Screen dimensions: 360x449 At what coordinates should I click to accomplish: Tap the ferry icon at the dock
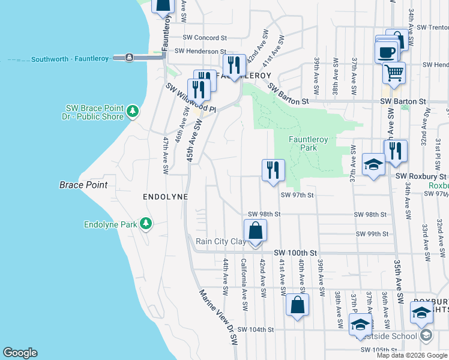tap(130, 58)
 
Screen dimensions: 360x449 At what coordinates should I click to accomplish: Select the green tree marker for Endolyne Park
tap(145, 224)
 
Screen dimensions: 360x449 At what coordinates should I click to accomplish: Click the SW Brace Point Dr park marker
tap(133, 111)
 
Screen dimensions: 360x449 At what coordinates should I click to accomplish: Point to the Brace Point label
tap(83, 185)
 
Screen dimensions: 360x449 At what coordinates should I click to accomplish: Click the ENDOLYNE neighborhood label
tap(165, 197)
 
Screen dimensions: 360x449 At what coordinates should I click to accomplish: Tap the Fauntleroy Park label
tap(308, 143)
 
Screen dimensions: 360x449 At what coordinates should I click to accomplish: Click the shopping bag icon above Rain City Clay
tap(255, 230)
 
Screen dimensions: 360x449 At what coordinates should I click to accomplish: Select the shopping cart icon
tap(394, 73)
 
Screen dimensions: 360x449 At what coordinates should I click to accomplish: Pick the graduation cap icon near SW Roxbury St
tap(373, 164)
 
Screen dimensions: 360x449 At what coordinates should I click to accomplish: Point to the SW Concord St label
tap(205, 37)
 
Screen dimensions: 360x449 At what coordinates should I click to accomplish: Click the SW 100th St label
tap(295, 254)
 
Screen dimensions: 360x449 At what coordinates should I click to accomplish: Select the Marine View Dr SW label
tap(218, 317)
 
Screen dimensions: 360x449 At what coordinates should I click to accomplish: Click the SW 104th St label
tap(255, 329)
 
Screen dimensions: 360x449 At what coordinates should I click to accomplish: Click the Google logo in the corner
tap(20, 353)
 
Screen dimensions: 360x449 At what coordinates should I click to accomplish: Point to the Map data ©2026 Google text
tap(412, 355)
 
